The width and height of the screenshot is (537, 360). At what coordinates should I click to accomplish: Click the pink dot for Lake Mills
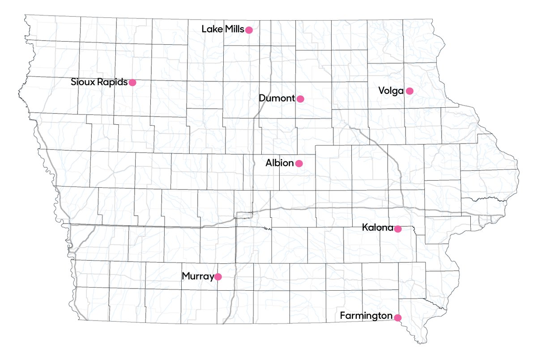(x=249, y=30)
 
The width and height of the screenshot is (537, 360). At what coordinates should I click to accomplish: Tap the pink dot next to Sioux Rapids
(x=132, y=82)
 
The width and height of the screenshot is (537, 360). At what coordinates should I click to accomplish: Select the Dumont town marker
(x=300, y=99)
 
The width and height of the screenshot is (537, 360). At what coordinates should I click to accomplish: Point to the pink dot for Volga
(x=409, y=91)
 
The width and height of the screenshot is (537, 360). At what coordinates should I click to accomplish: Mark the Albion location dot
(x=299, y=164)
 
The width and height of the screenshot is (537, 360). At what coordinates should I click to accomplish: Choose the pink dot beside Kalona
(x=397, y=229)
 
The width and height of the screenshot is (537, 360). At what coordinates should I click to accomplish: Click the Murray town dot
(x=218, y=277)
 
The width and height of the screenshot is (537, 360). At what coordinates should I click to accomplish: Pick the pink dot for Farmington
(x=397, y=318)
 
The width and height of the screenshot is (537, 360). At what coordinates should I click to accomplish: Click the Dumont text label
(x=277, y=98)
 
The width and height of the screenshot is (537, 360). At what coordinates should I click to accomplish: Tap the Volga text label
(x=391, y=91)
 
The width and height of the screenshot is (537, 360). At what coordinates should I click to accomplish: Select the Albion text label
(x=280, y=163)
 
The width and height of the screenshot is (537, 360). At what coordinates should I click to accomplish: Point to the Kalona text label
(x=377, y=229)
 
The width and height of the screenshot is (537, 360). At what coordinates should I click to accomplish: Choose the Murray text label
(x=197, y=277)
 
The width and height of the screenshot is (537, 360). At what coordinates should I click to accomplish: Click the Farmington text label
(x=366, y=316)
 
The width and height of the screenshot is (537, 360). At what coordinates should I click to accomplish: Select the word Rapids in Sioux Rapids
(x=112, y=82)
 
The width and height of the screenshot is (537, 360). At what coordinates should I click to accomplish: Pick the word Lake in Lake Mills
(x=211, y=30)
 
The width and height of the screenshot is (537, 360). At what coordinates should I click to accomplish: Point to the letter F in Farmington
(x=343, y=316)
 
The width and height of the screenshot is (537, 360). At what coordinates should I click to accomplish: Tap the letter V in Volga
(x=381, y=91)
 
